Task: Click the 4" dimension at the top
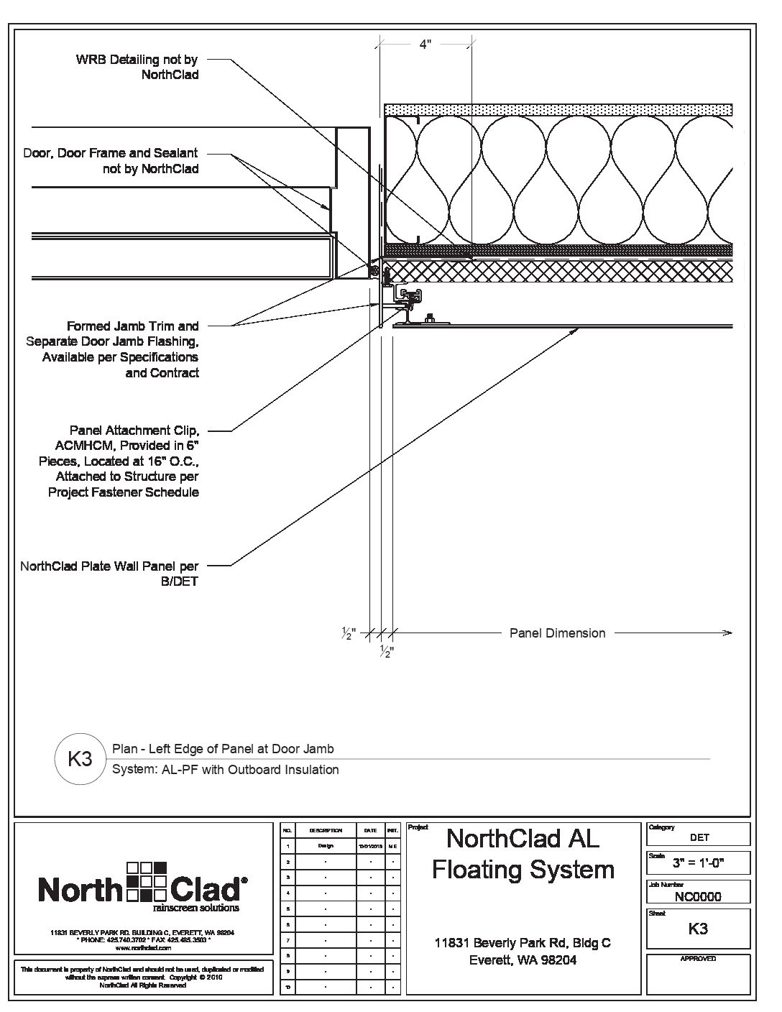[425, 44]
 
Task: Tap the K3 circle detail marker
[79, 759]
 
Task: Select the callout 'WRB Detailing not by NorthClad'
[137, 67]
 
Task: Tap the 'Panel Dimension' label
[557, 633]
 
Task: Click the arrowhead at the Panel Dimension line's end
[727, 633]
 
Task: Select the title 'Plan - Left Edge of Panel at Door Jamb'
[223, 749]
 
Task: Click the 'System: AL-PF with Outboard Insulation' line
[226, 770]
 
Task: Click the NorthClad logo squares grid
[146, 880]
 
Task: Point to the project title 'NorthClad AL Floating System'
[523, 854]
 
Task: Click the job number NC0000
[698, 896]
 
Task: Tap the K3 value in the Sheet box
[698, 929]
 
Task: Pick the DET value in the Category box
[699, 837]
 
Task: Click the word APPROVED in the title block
[698, 959]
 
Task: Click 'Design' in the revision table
[326, 846]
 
